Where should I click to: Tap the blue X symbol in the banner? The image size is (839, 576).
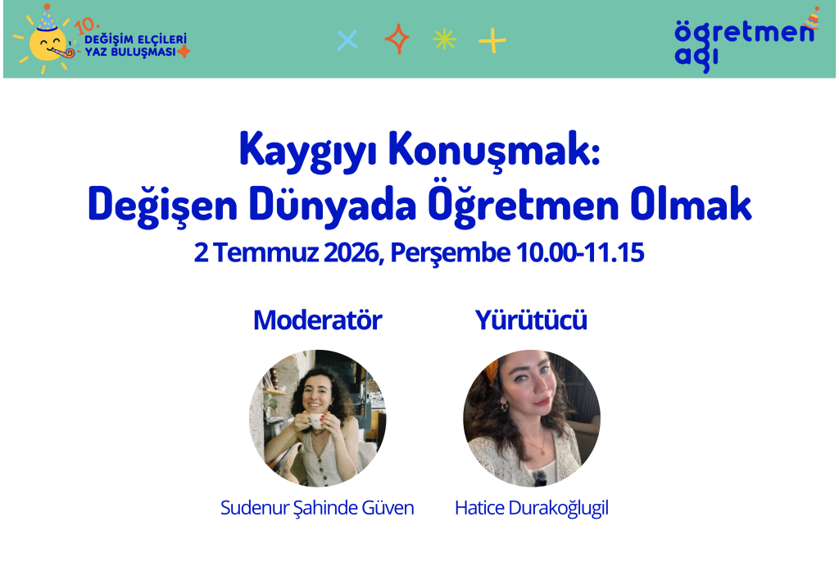pos(347,40)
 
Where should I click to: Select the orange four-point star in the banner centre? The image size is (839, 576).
pos(397,39)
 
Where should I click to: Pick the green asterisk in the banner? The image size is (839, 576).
pos(444,39)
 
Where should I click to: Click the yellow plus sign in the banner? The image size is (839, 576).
pos(492,41)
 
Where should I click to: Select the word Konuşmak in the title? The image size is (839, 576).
pos(494,151)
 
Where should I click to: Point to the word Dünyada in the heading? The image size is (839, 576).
pos(333,204)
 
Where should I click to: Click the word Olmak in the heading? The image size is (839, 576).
pos(691,204)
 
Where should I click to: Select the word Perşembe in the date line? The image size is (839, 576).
pos(450,252)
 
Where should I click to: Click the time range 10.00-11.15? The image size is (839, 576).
pos(580,252)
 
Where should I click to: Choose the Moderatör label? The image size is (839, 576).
pos(317,320)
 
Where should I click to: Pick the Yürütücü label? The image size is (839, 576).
pos(531,320)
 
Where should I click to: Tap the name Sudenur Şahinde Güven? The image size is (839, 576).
pos(317,507)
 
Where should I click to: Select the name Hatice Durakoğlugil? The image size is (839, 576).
pos(531,508)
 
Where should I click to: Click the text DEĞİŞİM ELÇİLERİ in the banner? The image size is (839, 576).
pos(136,39)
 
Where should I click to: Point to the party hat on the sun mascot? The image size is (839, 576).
pos(47,19)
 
